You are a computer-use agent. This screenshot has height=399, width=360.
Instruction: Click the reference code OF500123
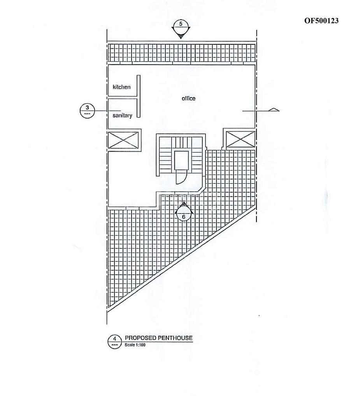[x=321, y=21]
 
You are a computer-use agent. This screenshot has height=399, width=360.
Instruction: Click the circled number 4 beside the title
[x=115, y=342]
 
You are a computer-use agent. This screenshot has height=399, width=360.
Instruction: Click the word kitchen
[x=121, y=87]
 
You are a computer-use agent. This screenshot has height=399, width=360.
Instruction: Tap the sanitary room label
[x=122, y=115]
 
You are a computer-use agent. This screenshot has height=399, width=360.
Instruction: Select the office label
[x=189, y=98]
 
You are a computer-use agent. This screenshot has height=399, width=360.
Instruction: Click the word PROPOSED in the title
[x=140, y=338]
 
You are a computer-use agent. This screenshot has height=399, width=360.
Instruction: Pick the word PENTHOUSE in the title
[x=175, y=338]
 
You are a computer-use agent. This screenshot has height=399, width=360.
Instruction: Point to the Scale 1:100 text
[x=135, y=345]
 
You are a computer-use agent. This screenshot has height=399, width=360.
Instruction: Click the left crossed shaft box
[x=123, y=140]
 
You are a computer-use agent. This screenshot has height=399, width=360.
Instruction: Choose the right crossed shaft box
[x=240, y=139]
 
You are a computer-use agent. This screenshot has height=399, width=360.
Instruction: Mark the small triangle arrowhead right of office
[x=274, y=109]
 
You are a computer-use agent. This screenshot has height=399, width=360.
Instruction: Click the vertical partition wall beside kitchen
[x=139, y=96]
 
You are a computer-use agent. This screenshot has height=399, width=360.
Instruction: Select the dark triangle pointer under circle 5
[x=181, y=36]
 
